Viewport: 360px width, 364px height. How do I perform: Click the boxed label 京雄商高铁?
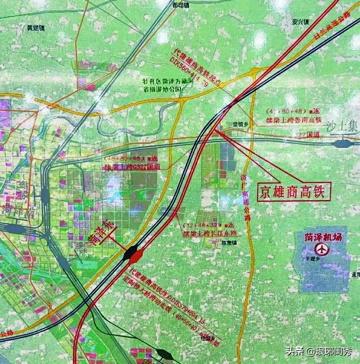[292, 190]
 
